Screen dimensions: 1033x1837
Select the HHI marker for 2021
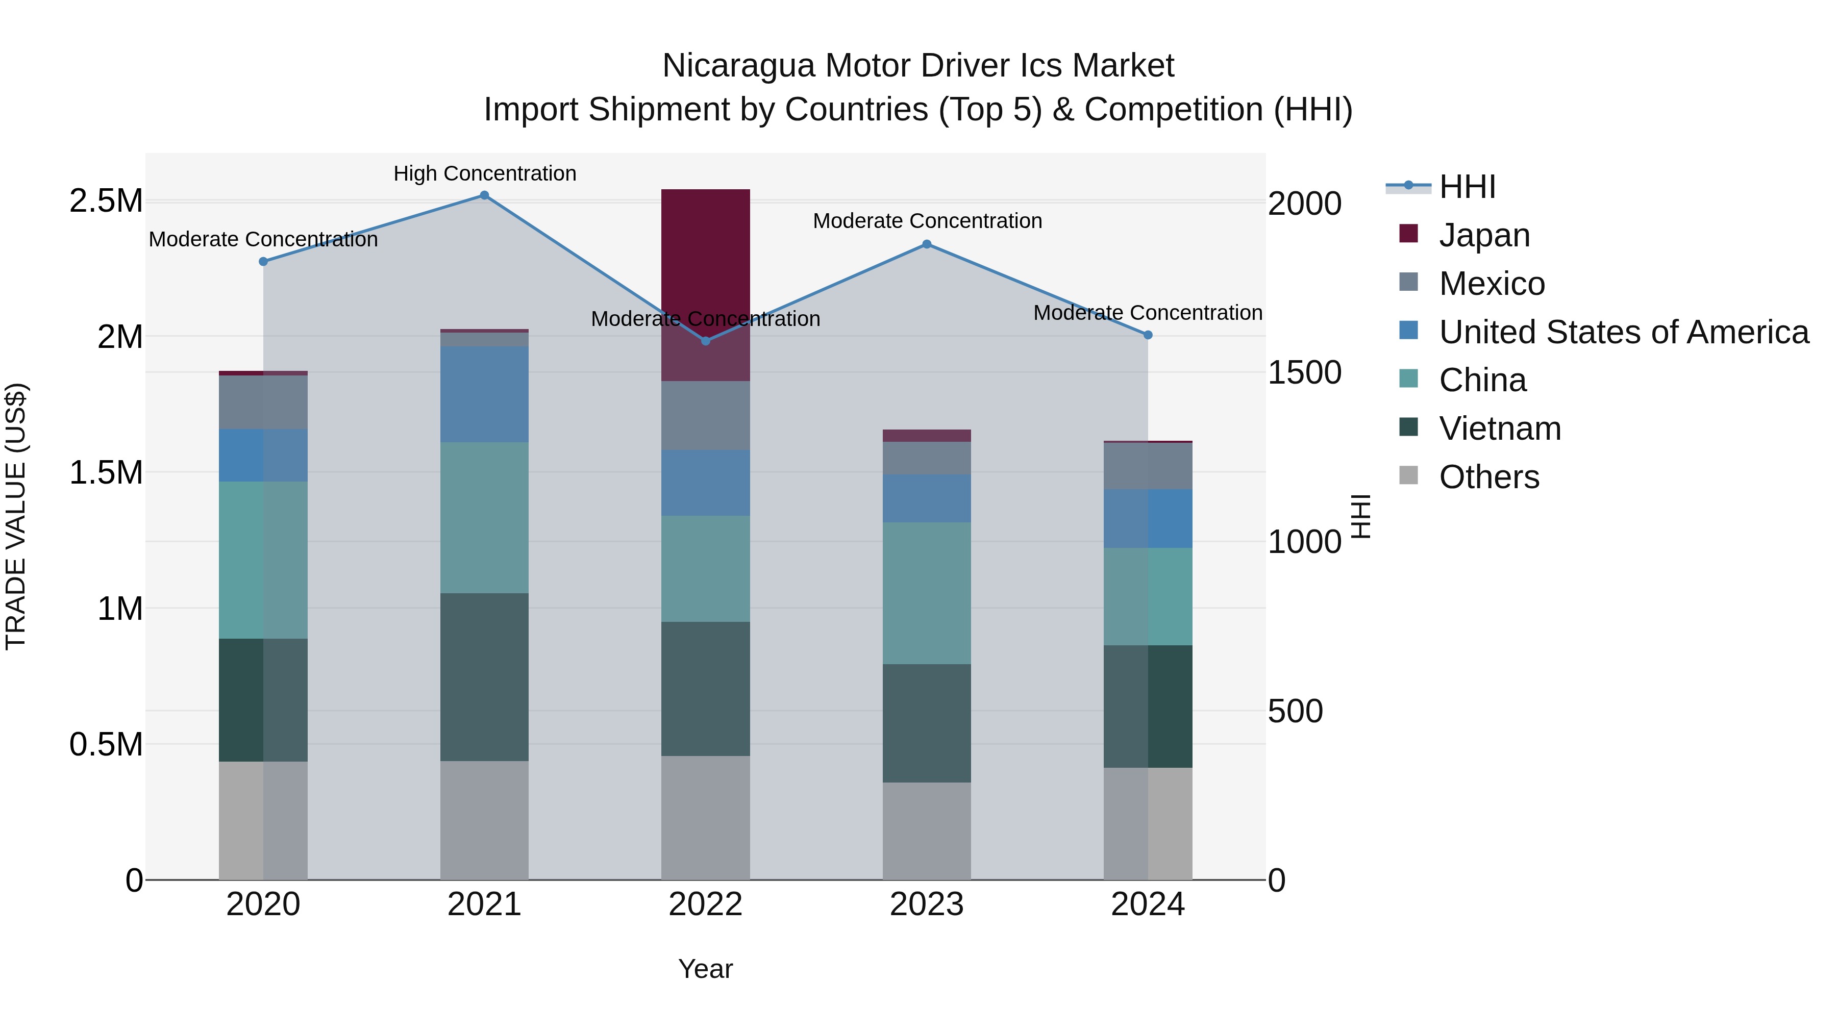point(484,195)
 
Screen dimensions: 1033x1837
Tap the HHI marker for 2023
point(926,244)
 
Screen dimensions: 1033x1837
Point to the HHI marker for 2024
point(1148,334)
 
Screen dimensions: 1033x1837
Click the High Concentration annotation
point(484,173)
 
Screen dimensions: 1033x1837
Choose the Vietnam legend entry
point(1500,429)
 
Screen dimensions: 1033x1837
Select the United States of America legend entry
point(1623,332)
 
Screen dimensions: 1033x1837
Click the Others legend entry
point(1489,477)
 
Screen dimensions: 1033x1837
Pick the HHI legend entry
point(1467,187)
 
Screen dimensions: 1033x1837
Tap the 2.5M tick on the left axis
point(106,201)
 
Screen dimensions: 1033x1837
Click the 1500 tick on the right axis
point(1304,373)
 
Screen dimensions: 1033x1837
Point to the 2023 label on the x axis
point(926,904)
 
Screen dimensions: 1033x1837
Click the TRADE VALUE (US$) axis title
point(16,516)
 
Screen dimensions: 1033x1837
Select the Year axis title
point(705,969)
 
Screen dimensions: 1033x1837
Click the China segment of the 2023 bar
point(926,593)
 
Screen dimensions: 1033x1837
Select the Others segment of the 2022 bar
point(705,818)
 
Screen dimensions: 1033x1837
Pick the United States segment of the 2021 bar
point(484,394)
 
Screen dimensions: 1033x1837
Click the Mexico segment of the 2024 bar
point(1148,466)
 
